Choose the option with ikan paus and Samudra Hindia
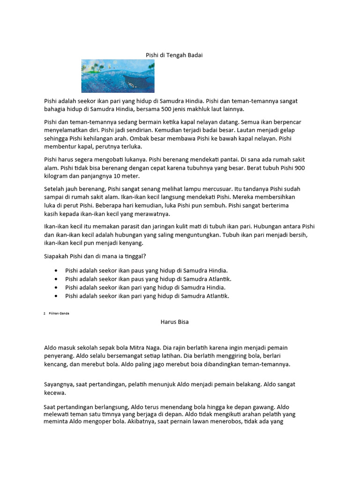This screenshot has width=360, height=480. coord(146,270)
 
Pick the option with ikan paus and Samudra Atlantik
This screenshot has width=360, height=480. coord(148,279)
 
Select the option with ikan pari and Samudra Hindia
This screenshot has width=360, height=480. coord(145,287)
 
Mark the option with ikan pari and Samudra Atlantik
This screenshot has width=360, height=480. coord(147,296)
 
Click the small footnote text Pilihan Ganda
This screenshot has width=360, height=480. coord(59,313)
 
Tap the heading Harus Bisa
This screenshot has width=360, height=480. coord(174,322)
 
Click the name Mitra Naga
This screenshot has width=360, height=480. coord(144,347)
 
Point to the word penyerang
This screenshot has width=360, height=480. coord(58,356)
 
